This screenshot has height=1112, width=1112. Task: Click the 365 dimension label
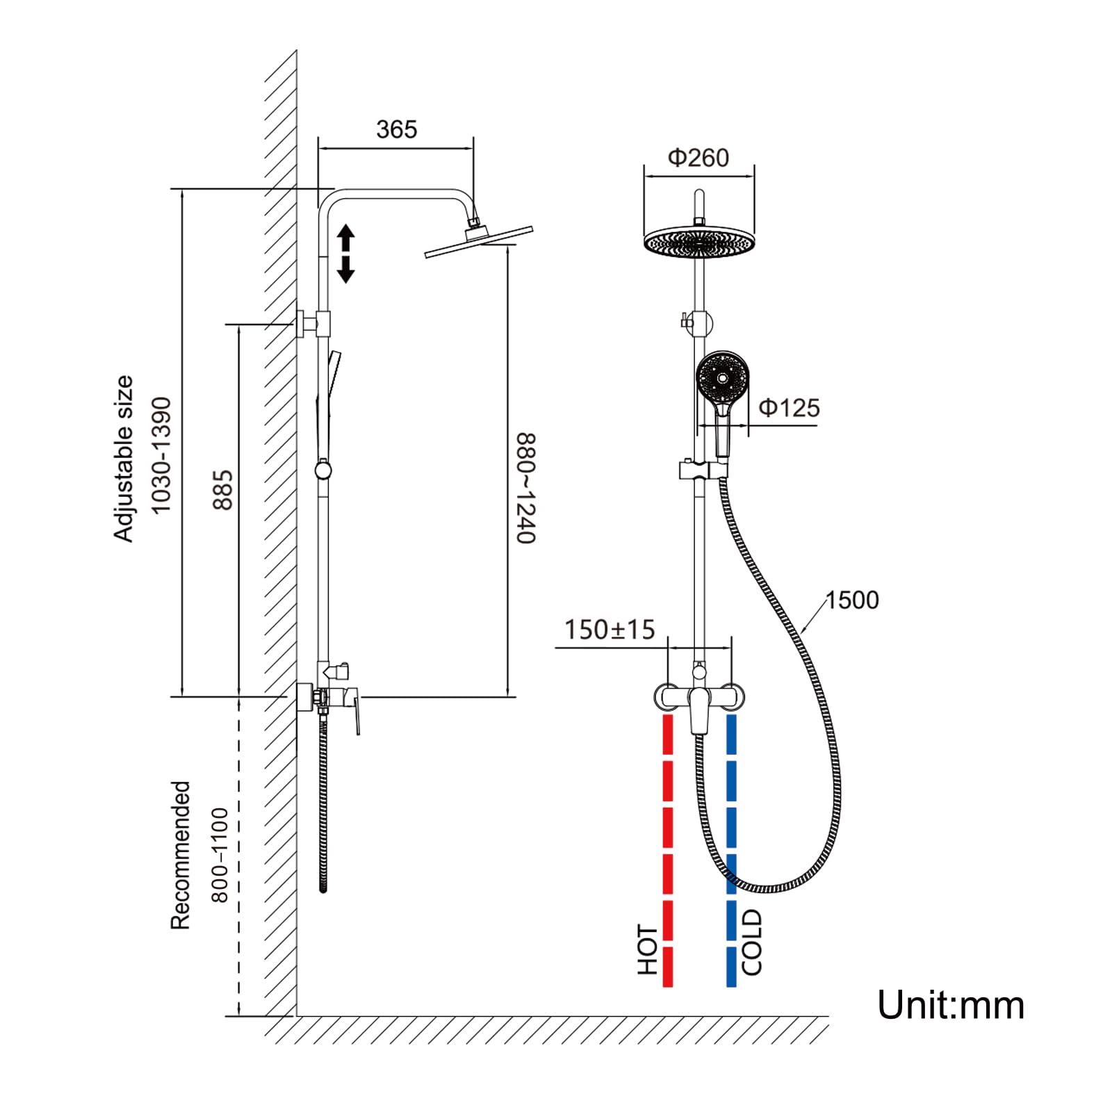coord(396,129)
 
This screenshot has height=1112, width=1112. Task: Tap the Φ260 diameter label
coord(698,158)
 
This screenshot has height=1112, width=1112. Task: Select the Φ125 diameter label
coord(789,407)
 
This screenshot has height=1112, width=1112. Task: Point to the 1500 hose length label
coord(852,600)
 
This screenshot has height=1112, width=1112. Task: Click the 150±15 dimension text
coord(610,630)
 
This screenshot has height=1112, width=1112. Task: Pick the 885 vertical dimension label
coord(223,490)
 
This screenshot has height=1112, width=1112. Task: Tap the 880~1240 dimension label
coord(526,488)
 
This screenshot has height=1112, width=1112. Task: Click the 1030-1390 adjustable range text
coord(161,455)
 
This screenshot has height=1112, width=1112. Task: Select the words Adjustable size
coord(124,459)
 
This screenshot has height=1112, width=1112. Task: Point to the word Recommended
coord(180,855)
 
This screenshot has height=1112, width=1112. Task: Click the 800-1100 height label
coord(220,855)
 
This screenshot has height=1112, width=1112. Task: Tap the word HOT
coord(648,949)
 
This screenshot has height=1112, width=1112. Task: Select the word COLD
coord(752,942)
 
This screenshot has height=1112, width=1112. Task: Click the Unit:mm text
coord(950,1005)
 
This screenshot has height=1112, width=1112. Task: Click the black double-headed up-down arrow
coord(345,254)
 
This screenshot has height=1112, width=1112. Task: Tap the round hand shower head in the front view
coord(723,379)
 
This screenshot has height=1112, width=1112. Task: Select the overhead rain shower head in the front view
coord(699,242)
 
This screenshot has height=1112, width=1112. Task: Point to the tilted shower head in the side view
coord(479,241)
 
